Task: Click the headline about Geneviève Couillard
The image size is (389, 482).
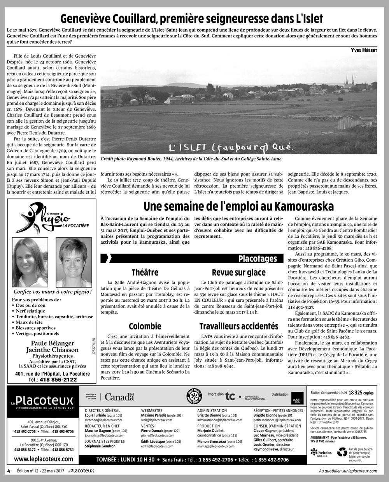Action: (x=191, y=19)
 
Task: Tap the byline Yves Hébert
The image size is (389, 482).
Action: (x=364, y=50)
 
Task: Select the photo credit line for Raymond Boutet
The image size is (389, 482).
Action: (x=191, y=159)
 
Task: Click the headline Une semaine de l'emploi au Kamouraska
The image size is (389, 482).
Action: (x=238, y=206)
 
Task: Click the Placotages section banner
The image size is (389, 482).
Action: (x=258, y=259)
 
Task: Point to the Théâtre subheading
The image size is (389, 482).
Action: (x=145, y=272)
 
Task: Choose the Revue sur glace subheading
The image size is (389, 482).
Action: (x=238, y=272)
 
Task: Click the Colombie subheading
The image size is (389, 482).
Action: (x=145, y=326)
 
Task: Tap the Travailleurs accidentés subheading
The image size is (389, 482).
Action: (x=238, y=326)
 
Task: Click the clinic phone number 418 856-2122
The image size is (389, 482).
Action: (x=58, y=380)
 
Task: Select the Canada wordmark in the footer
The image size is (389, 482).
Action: (x=119, y=397)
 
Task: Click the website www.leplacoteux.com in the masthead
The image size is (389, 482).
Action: (x=44, y=459)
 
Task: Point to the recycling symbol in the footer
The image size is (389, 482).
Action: (x=342, y=452)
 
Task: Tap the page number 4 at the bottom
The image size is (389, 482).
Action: (x=8, y=471)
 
